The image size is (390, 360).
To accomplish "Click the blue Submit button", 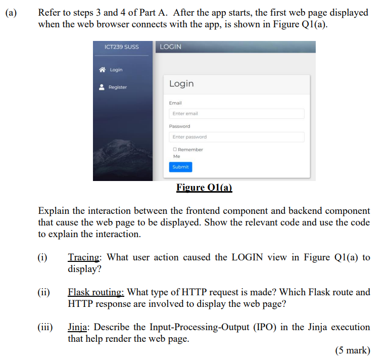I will pyautogui.click(x=180, y=167).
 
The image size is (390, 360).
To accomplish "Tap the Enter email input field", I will pyautogui.click(x=236, y=114).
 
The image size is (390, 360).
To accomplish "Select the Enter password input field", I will pyautogui.click(x=236, y=137).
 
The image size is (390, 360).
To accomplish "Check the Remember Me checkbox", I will pyautogui.click(x=175, y=150).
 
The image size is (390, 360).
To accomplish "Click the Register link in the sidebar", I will pyautogui.click(x=118, y=87).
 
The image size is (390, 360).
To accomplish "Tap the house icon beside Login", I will pyautogui.click(x=103, y=70).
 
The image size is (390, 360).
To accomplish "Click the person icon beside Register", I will pyautogui.click(x=103, y=87).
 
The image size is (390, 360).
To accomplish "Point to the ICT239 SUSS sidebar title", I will pyautogui.click(x=121, y=47).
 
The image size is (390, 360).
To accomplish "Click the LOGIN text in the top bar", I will pyautogui.click(x=170, y=47).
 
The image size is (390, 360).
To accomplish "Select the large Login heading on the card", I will pyautogui.click(x=181, y=83).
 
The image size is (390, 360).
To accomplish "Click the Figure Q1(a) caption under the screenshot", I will pyautogui.click(x=204, y=188).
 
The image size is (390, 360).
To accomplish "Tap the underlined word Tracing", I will pyautogui.click(x=84, y=257).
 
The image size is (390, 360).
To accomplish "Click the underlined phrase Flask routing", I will pyautogui.click(x=96, y=292).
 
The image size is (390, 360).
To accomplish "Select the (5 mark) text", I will pyautogui.click(x=352, y=350).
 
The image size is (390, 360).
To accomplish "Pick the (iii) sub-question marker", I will pyautogui.click(x=45, y=327).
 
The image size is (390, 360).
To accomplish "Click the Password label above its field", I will pyautogui.click(x=180, y=126).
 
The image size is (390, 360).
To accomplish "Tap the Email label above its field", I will pyautogui.click(x=175, y=103).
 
